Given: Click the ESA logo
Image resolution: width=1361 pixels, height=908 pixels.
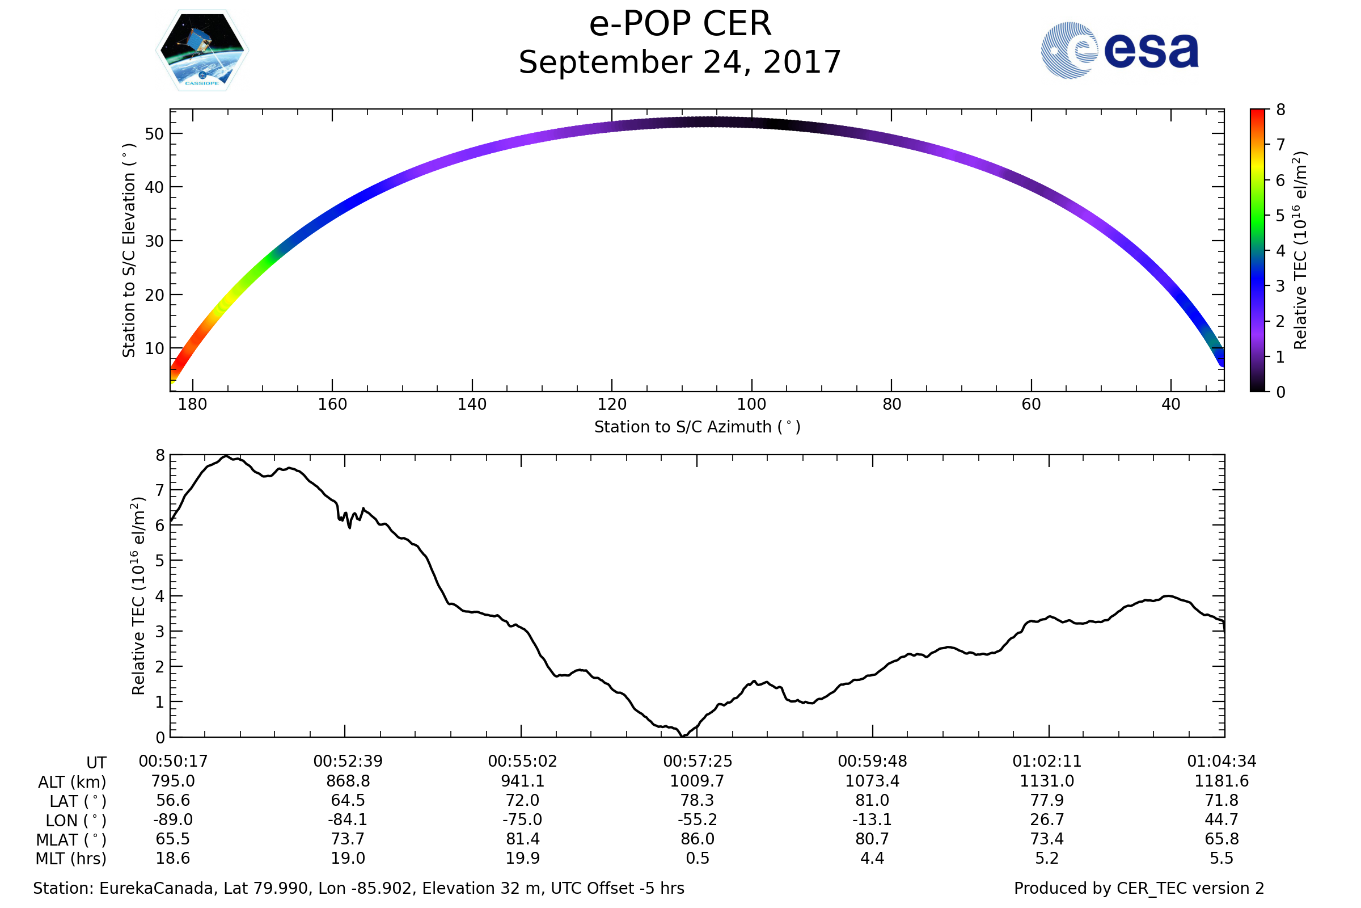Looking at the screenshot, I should tap(1119, 51).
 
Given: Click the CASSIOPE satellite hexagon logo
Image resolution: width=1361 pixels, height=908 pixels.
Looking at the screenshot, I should tap(202, 51).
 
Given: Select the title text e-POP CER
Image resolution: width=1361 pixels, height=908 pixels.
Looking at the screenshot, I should tap(680, 24).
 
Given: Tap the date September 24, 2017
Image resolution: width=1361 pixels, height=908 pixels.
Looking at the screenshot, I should tap(680, 62).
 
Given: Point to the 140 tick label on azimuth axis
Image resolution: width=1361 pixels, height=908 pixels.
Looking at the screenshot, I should tap(472, 404).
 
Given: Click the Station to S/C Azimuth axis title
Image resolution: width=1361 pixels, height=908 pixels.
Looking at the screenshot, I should tap(698, 427).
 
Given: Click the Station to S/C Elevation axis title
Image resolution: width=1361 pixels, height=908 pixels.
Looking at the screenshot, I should tap(129, 250).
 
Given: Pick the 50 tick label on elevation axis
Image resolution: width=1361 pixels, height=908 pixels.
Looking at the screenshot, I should tap(154, 134).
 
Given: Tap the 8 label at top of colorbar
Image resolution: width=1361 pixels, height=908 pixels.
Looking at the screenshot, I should tap(1280, 110).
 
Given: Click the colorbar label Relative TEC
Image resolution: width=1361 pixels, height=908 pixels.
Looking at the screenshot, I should tap(1300, 250).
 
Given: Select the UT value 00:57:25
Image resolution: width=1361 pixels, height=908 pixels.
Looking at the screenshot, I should tap(698, 762).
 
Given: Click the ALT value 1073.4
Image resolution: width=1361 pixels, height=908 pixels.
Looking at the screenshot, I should tap(872, 781).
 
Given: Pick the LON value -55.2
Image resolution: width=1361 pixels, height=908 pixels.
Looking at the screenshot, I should tap(698, 820).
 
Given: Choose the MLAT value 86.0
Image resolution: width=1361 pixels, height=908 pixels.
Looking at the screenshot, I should tap(698, 839).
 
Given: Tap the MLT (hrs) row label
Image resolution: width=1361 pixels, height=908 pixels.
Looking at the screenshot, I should tap(71, 859).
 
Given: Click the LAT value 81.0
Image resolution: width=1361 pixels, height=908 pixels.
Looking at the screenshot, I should tap(872, 800).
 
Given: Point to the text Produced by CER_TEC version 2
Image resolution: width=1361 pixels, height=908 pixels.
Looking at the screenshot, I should tap(1139, 888).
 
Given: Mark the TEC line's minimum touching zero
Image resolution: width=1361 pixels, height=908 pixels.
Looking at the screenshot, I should tap(684, 736).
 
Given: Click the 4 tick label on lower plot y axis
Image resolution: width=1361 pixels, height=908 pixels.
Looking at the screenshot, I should tap(160, 596).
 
